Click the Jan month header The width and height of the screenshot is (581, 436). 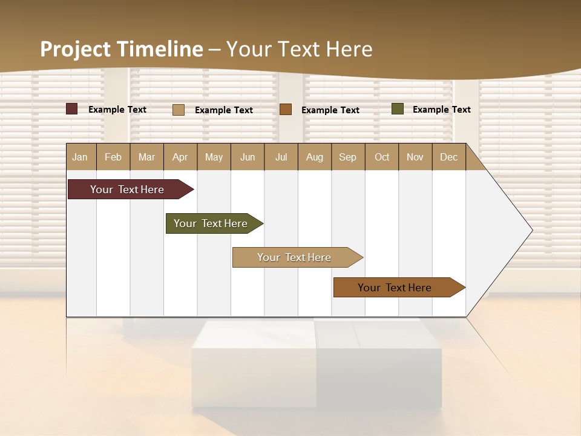(x=80, y=157)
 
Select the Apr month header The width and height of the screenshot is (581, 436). (x=180, y=157)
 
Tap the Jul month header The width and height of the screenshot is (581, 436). (x=281, y=157)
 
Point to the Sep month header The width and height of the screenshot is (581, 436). (x=347, y=157)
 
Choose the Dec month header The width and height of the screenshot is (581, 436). (x=448, y=157)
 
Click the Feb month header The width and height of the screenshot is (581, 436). (x=113, y=157)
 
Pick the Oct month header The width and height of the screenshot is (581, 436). (x=382, y=157)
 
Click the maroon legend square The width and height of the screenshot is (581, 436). (x=71, y=109)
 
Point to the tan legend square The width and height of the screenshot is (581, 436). (x=179, y=110)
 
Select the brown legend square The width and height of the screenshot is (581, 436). (x=286, y=110)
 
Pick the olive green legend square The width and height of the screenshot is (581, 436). (x=397, y=109)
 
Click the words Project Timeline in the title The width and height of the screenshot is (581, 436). (x=122, y=49)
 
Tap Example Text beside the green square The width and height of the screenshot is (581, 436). (x=441, y=110)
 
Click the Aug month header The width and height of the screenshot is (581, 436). (x=315, y=157)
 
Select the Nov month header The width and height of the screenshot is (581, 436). (x=415, y=157)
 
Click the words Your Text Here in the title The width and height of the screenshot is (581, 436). (x=299, y=49)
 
